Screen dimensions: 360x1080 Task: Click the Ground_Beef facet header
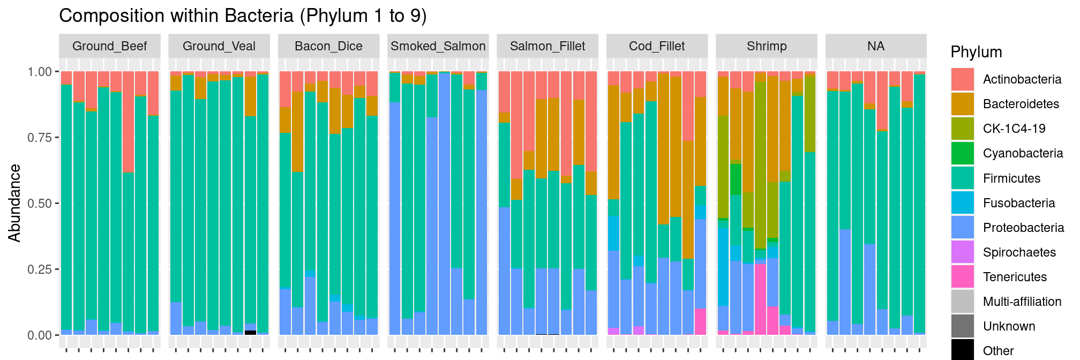tap(109, 46)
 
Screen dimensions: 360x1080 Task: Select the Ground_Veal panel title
tap(219, 46)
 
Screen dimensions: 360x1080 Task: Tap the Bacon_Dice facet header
tap(328, 46)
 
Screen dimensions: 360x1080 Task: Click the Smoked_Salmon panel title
tap(438, 46)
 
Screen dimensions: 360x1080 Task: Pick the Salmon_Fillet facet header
tap(547, 46)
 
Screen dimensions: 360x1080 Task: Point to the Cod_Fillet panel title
tap(657, 46)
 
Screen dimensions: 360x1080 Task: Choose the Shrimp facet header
tap(767, 46)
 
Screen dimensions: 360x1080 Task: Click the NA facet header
tap(876, 46)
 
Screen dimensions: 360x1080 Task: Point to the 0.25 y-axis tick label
tap(39, 269)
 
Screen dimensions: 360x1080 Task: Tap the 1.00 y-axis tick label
tap(39, 72)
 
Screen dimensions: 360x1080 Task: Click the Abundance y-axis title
tap(15, 203)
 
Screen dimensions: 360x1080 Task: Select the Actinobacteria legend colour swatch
tap(963, 79)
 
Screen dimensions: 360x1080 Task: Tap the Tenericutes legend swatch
tap(963, 277)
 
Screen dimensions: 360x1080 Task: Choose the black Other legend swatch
tap(963, 350)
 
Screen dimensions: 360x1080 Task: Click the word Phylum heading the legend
tap(976, 52)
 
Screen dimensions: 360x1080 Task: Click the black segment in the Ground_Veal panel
tap(250, 333)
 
